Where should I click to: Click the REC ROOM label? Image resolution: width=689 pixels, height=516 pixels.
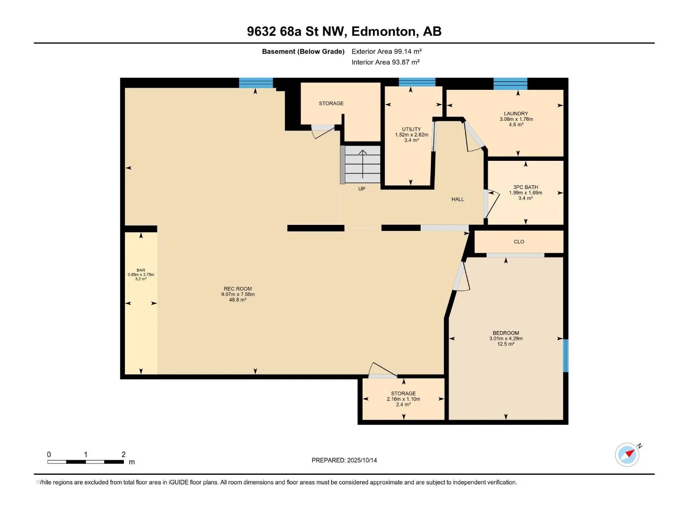tap(238, 289)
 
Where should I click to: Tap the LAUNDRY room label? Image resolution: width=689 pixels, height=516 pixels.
tap(516, 114)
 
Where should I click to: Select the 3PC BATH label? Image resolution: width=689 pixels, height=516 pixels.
tap(525, 187)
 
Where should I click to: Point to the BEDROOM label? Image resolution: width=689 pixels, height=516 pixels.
tap(506, 333)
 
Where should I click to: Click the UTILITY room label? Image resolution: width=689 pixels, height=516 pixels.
tap(411, 129)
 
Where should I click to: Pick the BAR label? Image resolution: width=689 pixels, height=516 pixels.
tap(141, 270)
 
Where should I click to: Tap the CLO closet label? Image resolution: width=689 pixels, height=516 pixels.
tap(519, 242)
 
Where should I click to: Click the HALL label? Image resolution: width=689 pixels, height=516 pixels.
tap(458, 199)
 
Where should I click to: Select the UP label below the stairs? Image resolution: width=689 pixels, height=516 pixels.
tap(362, 189)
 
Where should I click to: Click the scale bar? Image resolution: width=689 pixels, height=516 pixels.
tap(86, 462)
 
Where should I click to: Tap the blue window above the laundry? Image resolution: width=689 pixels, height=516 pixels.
tap(510, 84)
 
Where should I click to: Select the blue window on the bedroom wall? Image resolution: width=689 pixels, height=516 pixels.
tap(566, 356)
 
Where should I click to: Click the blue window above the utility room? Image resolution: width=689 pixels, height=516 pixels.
tap(417, 82)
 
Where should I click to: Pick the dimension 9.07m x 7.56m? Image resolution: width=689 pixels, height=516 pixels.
tap(238, 295)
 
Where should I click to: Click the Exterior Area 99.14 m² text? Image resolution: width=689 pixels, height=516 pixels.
tap(386, 51)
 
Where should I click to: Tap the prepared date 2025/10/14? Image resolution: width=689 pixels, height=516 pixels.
tap(362, 460)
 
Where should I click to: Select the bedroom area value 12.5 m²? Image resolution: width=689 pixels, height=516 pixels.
tap(506, 344)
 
